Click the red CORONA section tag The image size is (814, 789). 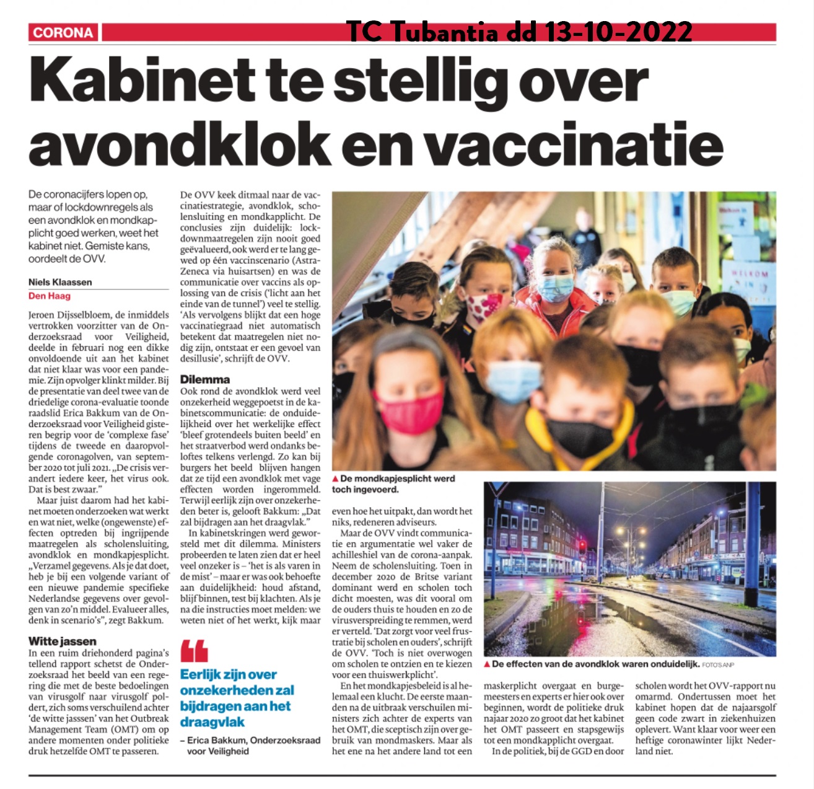point(63,33)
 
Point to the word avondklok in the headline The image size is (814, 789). point(180,143)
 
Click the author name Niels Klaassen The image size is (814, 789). point(60,282)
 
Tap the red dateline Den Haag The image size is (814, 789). point(50,296)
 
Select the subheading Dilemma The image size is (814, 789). point(205,379)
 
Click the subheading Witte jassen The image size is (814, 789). point(63,641)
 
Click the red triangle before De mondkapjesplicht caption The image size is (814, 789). point(335,479)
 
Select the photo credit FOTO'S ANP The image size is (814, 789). point(718,664)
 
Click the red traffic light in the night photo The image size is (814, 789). point(581,546)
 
